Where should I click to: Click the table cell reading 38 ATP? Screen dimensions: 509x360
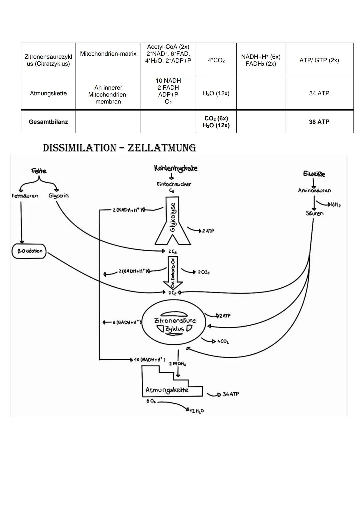click(x=319, y=122)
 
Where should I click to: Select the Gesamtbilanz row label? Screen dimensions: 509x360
click(x=48, y=122)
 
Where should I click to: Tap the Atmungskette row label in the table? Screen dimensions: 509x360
click(x=48, y=93)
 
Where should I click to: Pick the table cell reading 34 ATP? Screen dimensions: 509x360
click(x=319, y=93)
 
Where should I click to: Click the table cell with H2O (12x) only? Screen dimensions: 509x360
click(x=216, y=93)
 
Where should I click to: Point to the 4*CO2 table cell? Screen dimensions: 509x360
click(x=216, y=60)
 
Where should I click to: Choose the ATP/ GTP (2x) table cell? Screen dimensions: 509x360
click(x=319, y=60)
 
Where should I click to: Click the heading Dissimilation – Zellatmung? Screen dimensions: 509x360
click(x=119, y=148)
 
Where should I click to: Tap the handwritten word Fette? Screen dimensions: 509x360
click(x=39, y=171)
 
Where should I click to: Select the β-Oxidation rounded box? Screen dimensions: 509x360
click(x=29, y=251)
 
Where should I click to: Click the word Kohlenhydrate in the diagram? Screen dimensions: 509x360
click(x=176, y=168)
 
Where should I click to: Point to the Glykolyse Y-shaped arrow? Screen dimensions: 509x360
click(x=173, y=222)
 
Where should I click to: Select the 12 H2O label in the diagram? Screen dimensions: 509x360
click(x=197, y=411)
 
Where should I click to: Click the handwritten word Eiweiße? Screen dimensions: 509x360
click(x=314, y=174)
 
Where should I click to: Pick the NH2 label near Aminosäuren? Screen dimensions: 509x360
click(x=334, y=205)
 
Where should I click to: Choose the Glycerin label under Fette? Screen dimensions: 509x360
click(x=58, y=196)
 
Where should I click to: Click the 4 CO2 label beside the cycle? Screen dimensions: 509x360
click(x=223, y=342)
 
